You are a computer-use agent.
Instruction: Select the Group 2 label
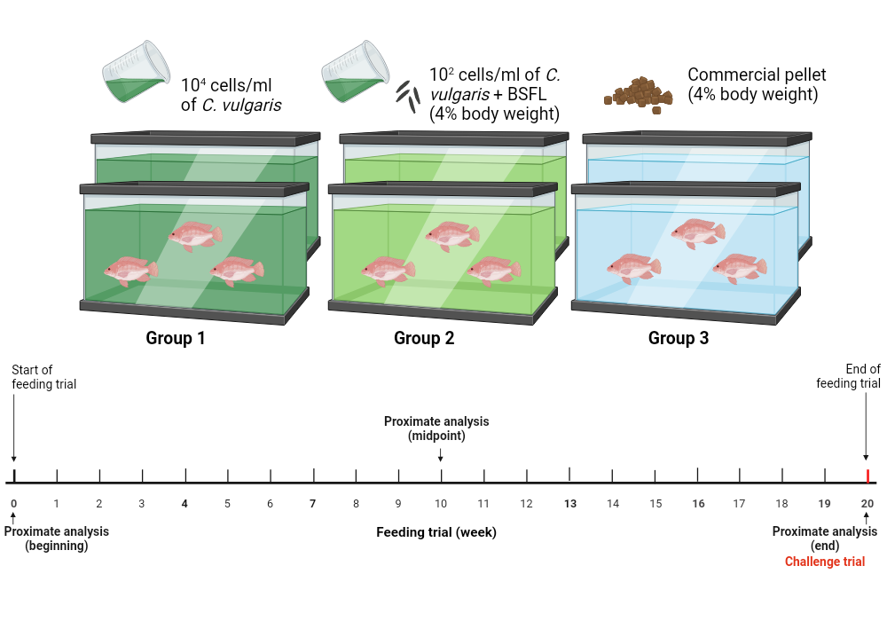(x=424, y=338)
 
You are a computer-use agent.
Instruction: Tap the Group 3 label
(x=679, y=338)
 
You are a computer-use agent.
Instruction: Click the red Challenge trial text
(x=825, y=562)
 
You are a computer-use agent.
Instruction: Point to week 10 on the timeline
(x=441, y=504)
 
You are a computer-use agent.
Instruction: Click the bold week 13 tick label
(x=569, y=504)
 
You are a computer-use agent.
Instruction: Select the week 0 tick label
(x=13, y=504)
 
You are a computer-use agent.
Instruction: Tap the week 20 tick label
(x=867, y=504)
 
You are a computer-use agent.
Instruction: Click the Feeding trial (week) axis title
(x=436, y=532)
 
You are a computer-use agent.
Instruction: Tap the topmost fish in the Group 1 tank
(x=195, y=235)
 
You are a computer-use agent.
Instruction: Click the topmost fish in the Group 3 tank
(x=697, y=232)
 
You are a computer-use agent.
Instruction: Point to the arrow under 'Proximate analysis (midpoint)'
(x=441, y=454)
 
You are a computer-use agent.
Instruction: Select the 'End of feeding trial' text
(x=849, y=376)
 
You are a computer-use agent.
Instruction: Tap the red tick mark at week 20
(x=867, y=476)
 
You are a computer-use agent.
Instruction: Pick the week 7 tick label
(x=313, y=504)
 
